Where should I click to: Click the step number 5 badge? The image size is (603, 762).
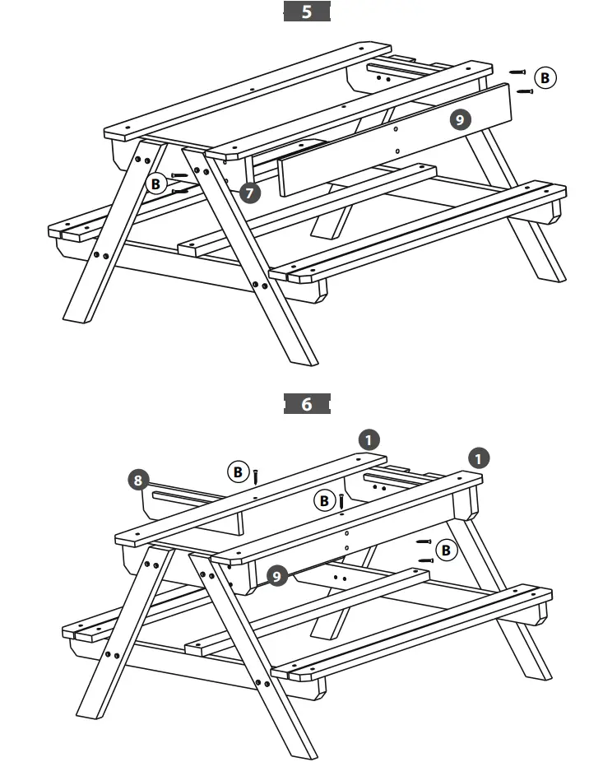[x=307, y=12]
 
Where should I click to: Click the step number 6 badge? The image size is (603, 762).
[x=307, y=404]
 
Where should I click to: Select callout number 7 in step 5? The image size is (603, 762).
[x=252, y=193]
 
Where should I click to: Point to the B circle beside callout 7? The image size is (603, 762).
[x=156, y=184]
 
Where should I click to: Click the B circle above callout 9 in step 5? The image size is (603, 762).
[x=545, y=77]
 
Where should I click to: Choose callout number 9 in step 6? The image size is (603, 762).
[x=278, y=576]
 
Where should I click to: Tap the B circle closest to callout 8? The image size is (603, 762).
[x=238, y=472]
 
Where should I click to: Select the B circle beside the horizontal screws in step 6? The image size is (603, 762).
[x=446, y=550]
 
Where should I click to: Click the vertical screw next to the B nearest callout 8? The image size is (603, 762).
[x=257, y=476]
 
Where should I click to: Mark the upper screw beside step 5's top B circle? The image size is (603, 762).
[x=517, y=72]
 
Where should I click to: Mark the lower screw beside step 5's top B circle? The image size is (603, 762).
[x=524, y=91]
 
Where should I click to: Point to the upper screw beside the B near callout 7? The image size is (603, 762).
[x=180, y=175]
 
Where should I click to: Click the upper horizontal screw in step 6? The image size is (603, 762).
[x=424, y=541]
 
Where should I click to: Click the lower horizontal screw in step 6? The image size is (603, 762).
[x=425, y=560]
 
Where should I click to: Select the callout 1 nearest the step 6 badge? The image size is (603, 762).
[x=369, y=439]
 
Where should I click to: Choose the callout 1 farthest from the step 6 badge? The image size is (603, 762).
[x=478, y=457]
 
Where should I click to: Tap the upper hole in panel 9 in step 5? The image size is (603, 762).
[x=395, y=129]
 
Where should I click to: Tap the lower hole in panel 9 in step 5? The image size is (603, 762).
[x=397, y=151]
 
